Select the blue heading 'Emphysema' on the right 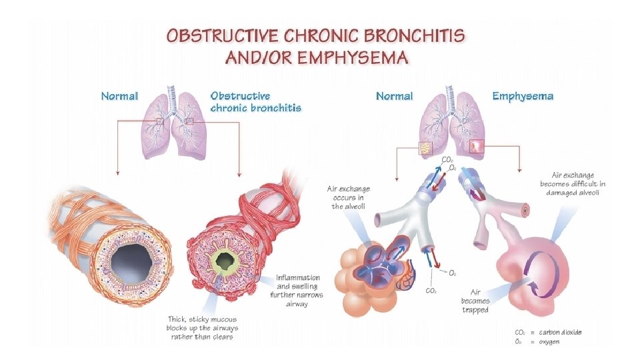pos(523,96)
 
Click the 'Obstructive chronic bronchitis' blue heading pos(255,101)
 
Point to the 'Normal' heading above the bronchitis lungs pos(119,96)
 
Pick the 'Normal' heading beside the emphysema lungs pos(394,96)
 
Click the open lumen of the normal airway pos(129,261)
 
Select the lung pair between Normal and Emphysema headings pos(450,127)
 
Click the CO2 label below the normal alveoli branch pos(431,291)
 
